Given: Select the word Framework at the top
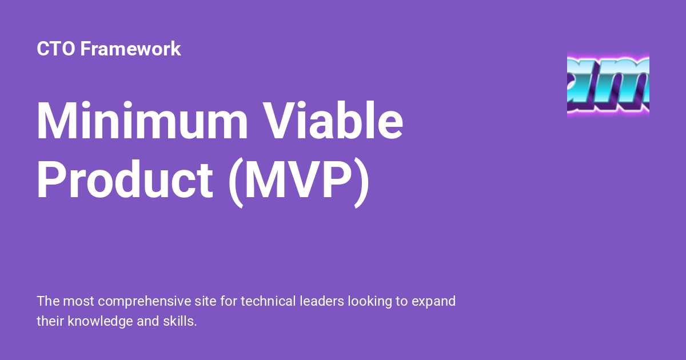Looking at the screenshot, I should tap(130, 49).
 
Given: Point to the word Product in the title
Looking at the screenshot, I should tap(125, 181).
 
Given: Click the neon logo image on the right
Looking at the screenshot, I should tap(608, 85).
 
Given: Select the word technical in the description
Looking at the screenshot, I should tap(268, 301).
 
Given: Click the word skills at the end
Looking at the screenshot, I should tap(181, 321).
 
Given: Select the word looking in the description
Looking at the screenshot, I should tap(369, 302).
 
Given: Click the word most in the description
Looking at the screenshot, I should tap(75, 301).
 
